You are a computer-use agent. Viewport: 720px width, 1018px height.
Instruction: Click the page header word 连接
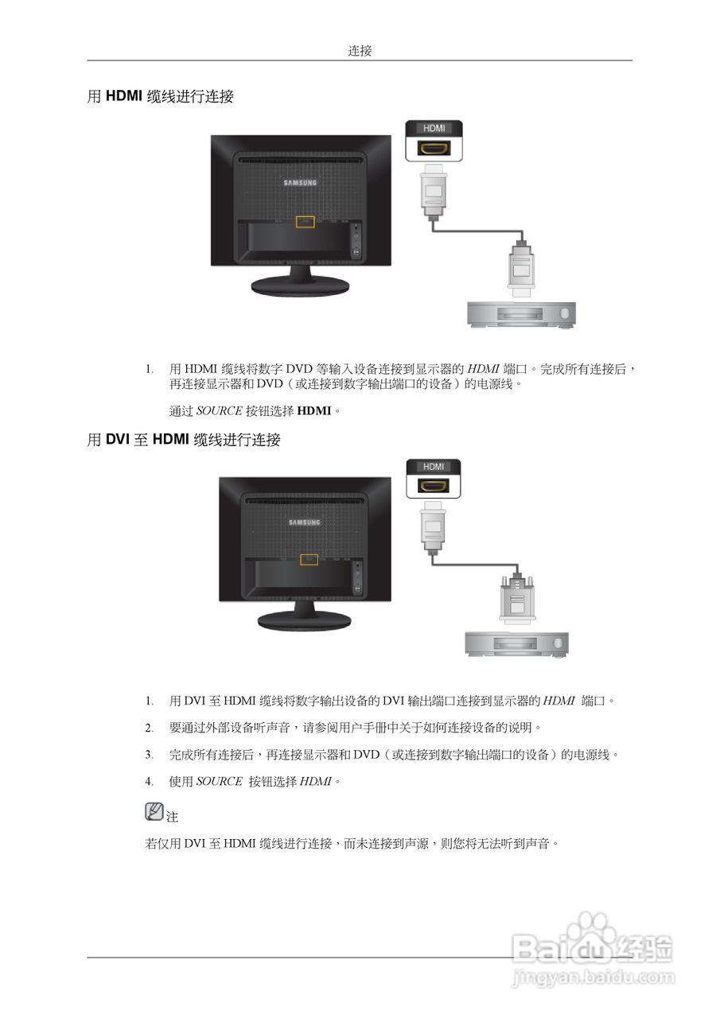(360, 51)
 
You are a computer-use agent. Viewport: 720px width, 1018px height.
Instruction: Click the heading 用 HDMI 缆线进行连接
(160, 97)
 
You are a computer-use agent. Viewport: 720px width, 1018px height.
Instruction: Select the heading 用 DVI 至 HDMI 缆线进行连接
(183, 440)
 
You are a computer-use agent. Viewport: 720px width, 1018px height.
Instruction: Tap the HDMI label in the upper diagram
(434, 128)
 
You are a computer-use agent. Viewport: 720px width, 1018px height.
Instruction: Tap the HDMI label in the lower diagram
(434, 467)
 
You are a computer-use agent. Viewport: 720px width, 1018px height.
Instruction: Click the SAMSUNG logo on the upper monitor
(301, 183)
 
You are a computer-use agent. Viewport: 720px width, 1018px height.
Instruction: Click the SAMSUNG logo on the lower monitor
(305, 523)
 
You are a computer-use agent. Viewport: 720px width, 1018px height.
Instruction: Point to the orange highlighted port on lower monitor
(309, 560)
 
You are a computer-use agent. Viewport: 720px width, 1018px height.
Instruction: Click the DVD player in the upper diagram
(520, 314)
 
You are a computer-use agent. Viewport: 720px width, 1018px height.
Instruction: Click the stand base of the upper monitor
(301, 285)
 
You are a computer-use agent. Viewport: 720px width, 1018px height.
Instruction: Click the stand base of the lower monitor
(305, 621)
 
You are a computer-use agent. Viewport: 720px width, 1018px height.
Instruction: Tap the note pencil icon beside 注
(154, 812)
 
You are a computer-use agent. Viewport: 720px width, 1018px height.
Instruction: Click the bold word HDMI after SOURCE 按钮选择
(313, 412)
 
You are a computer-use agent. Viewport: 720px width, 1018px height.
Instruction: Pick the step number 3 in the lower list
(149, 755)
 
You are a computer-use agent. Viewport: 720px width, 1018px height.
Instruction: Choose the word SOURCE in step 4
(219, 782)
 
